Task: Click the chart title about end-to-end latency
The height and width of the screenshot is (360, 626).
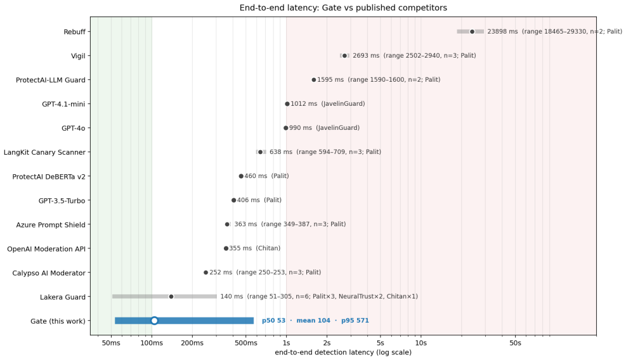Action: coord(343,8)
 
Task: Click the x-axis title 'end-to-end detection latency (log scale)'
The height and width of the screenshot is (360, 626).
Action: coord(343,352)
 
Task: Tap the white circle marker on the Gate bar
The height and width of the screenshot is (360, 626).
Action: coord(155,321)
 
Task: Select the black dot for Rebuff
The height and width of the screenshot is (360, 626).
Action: coord(472,32)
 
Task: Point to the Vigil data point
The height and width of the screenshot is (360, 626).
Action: coord(344,56)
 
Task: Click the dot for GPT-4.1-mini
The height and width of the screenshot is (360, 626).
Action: coord(287,104)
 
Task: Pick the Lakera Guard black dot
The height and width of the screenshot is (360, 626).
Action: coord(171,297)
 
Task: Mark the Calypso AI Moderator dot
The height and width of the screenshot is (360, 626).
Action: coord(206,273)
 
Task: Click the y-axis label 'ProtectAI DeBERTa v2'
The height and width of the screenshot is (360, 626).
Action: coord(49,176)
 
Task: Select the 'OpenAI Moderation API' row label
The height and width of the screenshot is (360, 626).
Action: coord(46,248)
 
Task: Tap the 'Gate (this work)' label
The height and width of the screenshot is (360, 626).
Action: coord(58,321)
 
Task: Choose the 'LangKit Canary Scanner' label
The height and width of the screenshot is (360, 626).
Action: coord(44,152)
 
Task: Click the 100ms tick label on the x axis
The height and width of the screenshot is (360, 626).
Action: coord(152,343)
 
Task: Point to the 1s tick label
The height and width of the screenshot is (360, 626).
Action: coord(286,343)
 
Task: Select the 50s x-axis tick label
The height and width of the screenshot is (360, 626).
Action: coord(515,343)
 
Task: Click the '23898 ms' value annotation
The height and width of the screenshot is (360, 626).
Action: coord(502,32)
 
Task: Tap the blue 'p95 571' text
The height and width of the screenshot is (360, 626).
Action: coord(355,321)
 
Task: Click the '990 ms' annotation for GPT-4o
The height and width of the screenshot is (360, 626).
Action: coord(300,128)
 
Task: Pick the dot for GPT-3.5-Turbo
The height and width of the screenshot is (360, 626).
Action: coord(234,200)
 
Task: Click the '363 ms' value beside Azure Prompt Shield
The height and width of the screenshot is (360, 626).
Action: coord(245,224)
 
